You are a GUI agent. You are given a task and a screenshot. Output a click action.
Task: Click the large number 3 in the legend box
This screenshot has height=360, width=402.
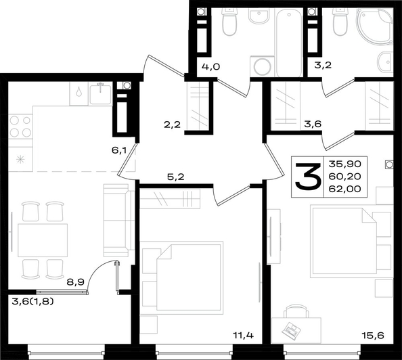(308, 177)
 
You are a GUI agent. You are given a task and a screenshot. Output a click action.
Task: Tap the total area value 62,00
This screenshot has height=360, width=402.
(345, 189)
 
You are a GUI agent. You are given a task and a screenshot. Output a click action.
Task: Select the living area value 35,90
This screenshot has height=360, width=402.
(345, 164)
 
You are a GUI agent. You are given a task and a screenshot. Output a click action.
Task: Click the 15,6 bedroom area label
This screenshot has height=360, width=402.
(373, 335)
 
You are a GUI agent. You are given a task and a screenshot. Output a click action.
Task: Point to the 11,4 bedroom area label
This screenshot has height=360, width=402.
(243, 335)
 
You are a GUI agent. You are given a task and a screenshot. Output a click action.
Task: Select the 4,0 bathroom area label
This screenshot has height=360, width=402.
(211, 67)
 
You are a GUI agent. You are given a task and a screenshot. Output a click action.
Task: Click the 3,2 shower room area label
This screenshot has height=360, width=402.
(323, 65)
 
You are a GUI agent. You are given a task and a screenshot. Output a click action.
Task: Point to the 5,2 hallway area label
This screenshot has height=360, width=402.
(175, 177)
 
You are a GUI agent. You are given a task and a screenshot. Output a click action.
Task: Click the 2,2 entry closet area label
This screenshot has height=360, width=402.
(173, 125)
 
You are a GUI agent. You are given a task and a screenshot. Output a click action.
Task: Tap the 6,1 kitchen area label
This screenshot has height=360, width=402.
(119, 150)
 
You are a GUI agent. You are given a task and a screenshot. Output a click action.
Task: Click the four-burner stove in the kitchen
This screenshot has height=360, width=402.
(20, 126)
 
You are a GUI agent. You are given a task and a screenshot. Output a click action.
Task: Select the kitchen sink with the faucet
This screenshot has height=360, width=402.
(100, 93)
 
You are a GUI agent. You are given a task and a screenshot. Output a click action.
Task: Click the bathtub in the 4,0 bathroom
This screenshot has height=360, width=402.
(289, 43)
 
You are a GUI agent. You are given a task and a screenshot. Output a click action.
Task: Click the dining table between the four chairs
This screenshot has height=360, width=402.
(43, 240)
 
